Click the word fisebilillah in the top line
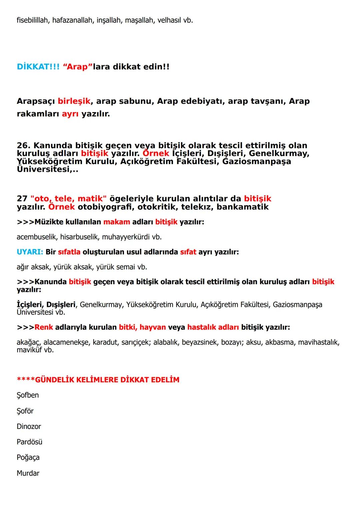(33, 20)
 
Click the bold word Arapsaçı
(36, 101)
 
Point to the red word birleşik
(74, 101)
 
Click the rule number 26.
(23, 146)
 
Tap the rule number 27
(22, 199)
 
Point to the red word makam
(117, 222)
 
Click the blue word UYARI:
(30, 252)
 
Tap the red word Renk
(44, 327)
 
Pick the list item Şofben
(28, 395)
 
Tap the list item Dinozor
(29, 427)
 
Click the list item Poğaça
(28, 458)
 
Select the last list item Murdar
(28, 473)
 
